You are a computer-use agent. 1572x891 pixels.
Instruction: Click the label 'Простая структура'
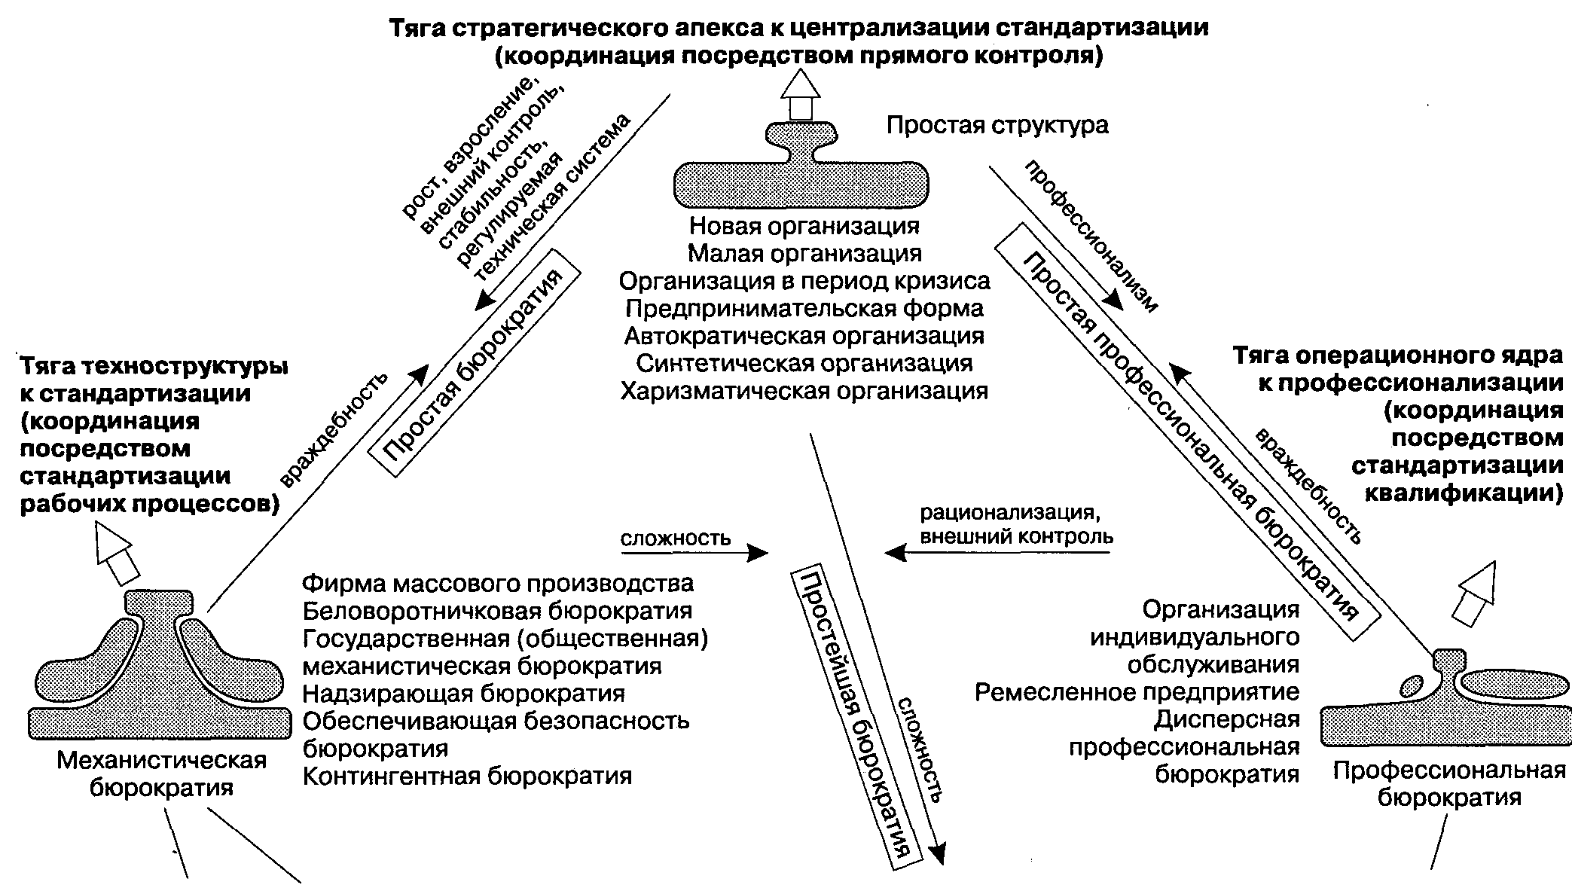[x=997, y=125]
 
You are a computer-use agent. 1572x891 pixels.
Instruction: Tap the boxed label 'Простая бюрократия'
[x=475, y=362]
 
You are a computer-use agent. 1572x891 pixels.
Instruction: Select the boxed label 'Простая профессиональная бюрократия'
[x=1188, y=431]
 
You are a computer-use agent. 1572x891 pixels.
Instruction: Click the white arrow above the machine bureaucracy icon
[x=118, y=554]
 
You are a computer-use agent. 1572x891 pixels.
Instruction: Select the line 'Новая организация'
[x=804, y=225]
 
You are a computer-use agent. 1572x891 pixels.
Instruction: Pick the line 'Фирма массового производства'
[x=498, y=584]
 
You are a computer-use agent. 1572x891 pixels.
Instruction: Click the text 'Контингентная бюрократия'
[x=467, y=776]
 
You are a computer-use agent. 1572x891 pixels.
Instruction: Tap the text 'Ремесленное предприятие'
[x=1137, y=692]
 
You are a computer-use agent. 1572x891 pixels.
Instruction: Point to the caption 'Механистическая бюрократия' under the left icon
[x=162, y=774]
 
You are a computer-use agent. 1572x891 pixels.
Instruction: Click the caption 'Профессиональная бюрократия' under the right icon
[x=1449, y=784]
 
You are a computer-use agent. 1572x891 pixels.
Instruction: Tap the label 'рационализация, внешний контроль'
[x=1016, y=525]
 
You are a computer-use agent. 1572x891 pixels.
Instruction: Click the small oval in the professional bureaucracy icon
[x=1411, y=687]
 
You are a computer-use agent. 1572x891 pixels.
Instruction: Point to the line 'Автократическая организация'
[x=804, y=336]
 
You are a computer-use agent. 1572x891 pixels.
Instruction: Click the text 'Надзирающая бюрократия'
[x=464, y=693]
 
